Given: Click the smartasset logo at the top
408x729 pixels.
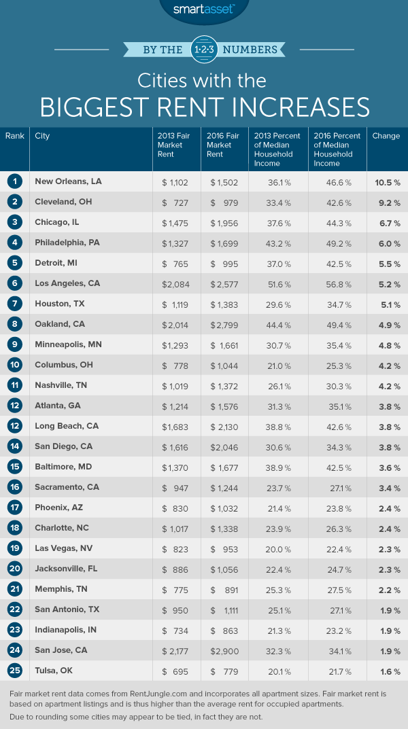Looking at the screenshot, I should point(204,9).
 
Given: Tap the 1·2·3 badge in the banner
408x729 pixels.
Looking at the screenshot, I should point(204,49).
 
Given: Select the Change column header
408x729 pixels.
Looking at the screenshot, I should point(386,136).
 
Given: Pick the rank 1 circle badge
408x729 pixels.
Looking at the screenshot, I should point(14,181).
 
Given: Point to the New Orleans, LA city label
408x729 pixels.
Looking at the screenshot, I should point(68,181).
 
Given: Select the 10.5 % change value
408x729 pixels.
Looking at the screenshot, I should point(386,181).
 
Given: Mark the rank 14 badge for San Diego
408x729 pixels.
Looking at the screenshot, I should point(14,426).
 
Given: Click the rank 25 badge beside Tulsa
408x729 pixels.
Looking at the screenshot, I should point(14,671).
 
